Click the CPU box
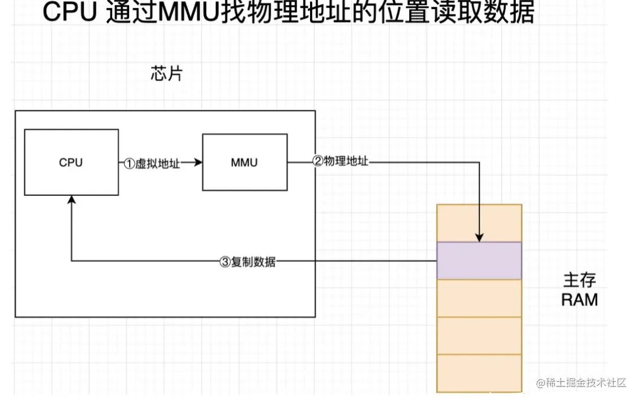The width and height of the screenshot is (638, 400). tap(71, 162)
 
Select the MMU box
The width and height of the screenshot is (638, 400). tap(244, 162)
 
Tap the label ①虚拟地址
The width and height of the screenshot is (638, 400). tap(152, 164)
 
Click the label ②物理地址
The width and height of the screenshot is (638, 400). tap(340, 161)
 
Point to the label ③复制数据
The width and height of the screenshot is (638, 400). tap(247, 262)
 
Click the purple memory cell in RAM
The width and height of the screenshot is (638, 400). tap(479, 261)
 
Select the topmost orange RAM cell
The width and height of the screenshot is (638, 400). tap(479, 223)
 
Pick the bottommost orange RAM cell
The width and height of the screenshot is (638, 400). tap(479, 372)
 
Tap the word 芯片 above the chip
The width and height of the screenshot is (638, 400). tap(166, 73)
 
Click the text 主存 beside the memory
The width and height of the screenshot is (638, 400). tap(579, 280)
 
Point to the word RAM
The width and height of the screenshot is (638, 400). tap(579, 300)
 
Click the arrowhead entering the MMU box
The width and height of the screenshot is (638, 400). tap(198, 163)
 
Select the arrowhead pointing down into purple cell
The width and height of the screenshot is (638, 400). tap(479, 238)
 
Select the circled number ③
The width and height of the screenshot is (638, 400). tap(225, 262)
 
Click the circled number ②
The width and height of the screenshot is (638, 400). tap(317, 161)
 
